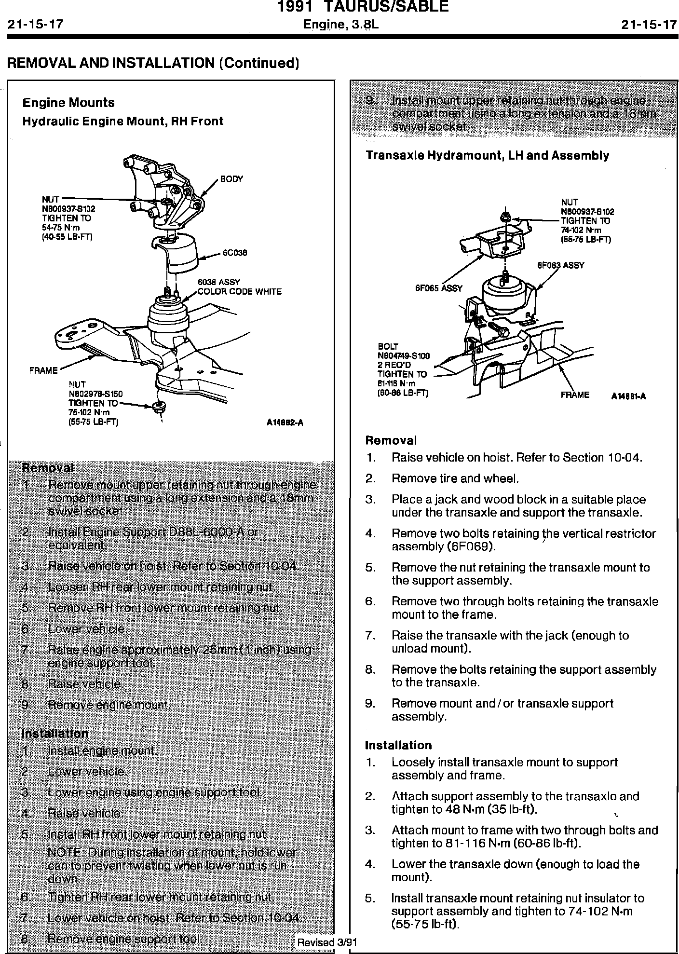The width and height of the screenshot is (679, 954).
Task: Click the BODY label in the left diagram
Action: click(231, 179)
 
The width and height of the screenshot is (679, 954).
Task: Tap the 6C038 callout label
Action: click(235, 253)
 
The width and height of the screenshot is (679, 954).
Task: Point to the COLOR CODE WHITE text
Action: click(240, 292)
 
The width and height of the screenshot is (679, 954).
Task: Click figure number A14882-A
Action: click(285, 423)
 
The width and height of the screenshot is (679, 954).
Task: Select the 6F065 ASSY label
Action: click(438, 288)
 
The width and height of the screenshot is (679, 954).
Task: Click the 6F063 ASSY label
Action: click(560, 265)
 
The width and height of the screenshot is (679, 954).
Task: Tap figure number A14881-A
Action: click(628, 396)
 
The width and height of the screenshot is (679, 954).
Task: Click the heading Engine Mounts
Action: click(68, 103)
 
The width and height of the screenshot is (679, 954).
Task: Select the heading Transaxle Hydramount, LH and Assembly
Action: click(487, 155)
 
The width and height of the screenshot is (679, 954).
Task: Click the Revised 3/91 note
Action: click(326, 942)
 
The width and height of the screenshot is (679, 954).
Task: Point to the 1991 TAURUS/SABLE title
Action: click(363, 7)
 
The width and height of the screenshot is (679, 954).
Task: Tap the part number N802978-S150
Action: click(95, 394)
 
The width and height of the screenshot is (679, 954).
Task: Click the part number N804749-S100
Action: click(403, 356)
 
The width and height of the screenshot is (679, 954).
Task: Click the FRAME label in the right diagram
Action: click(575, 395)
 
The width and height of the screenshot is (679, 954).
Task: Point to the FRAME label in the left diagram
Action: click(43, 370)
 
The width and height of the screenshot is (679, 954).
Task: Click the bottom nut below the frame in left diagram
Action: click(158, 406)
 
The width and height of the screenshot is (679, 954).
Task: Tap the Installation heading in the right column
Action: click(398, 745)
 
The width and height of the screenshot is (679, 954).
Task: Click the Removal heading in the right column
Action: click(391, 440)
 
